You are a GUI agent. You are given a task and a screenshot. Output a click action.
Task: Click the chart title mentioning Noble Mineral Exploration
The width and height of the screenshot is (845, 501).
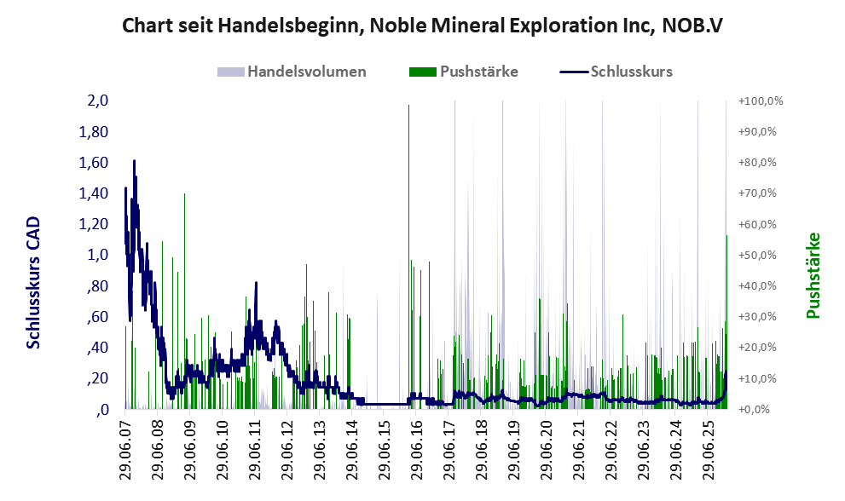tap(422, 25)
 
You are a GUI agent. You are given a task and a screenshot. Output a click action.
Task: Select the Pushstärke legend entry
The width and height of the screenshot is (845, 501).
tap(477, 72)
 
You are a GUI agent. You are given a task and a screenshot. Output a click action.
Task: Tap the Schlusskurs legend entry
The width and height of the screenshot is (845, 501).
tap(631, 72)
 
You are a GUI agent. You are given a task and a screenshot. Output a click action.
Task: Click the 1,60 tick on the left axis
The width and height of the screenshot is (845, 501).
tap(94, 163)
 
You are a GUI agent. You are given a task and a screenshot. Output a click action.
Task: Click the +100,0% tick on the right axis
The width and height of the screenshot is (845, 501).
tap(761, 101)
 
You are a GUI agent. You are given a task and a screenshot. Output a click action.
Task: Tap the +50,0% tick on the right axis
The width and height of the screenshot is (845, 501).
tap(761, 255)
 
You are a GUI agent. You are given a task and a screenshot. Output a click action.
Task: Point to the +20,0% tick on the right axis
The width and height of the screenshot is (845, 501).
tap(761, 348)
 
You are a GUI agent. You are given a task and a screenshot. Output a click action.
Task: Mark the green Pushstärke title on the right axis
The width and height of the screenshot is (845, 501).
tap(812, 276)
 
